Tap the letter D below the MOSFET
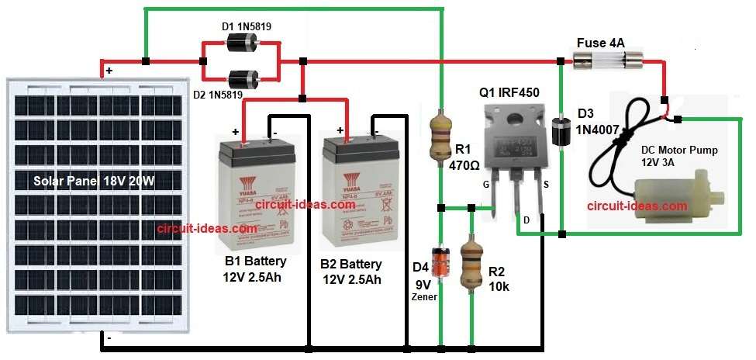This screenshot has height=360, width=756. [x=527, y=220]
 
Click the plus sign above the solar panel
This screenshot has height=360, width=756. [x=109, y=71]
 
